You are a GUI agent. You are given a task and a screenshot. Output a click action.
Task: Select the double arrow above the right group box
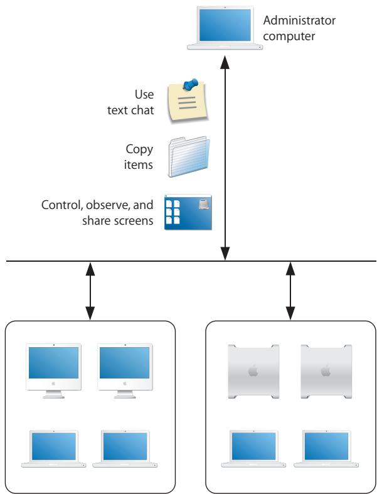tap(290, 289)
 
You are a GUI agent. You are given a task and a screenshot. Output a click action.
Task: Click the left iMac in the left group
tap(54, 369)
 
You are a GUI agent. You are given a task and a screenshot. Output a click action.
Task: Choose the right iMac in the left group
tap(125, 369)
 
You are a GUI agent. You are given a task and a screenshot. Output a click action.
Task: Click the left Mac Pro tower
tap(252, 372)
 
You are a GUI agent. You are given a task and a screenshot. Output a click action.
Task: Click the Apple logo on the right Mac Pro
tap(326, 372)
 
